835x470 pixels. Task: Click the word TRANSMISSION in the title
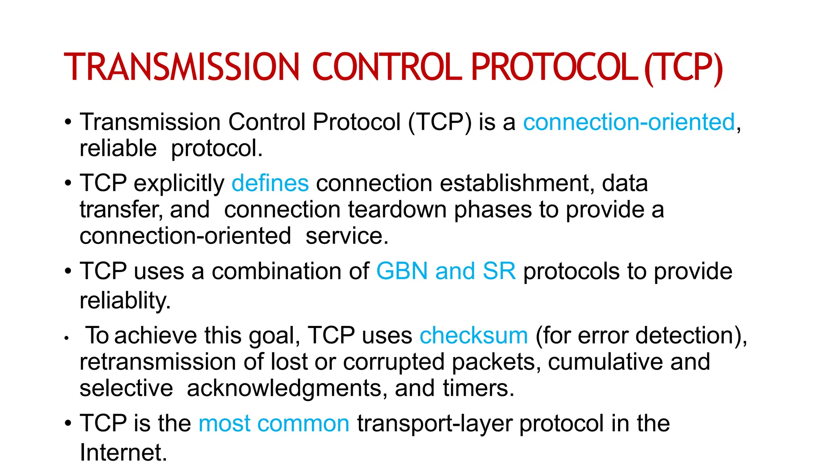(x=182, y=67)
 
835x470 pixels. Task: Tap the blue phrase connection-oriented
(x=629, y=122)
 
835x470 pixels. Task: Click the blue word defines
(x=270, y=183)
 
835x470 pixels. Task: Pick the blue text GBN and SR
(x=446, y=271)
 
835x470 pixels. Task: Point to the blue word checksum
(x=474, y=336)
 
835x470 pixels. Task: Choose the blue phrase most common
(x=274, y=423)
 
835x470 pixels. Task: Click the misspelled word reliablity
(x=125, y=301)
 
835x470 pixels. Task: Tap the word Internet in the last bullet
(x=123, y=452)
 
